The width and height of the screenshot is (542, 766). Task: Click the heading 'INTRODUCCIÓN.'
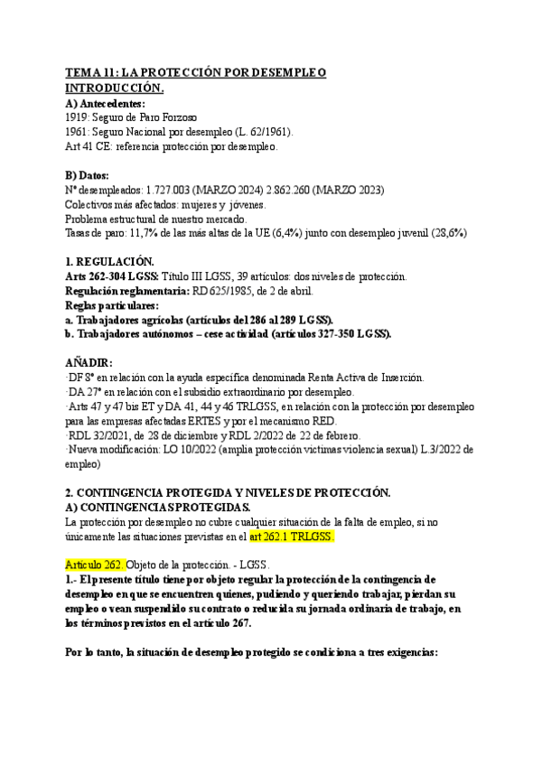click(x=115, y=88)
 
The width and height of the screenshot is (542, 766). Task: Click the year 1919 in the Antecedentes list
click(x=79, y=117)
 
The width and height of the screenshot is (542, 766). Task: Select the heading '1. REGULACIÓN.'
click(x=108, y=261)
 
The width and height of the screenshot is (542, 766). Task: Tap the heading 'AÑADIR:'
click(x=90, y=362)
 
